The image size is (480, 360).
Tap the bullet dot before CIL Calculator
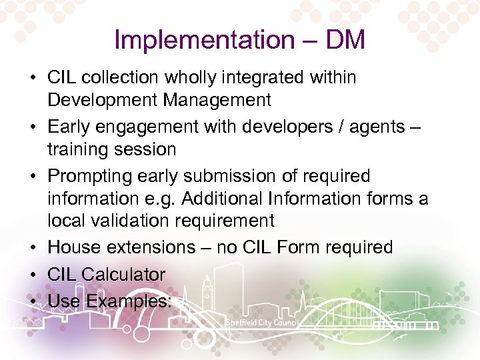pyautogui.click(x=33, y=275)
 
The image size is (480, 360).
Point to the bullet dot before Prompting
pyautogui.click(x=33, y=177)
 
